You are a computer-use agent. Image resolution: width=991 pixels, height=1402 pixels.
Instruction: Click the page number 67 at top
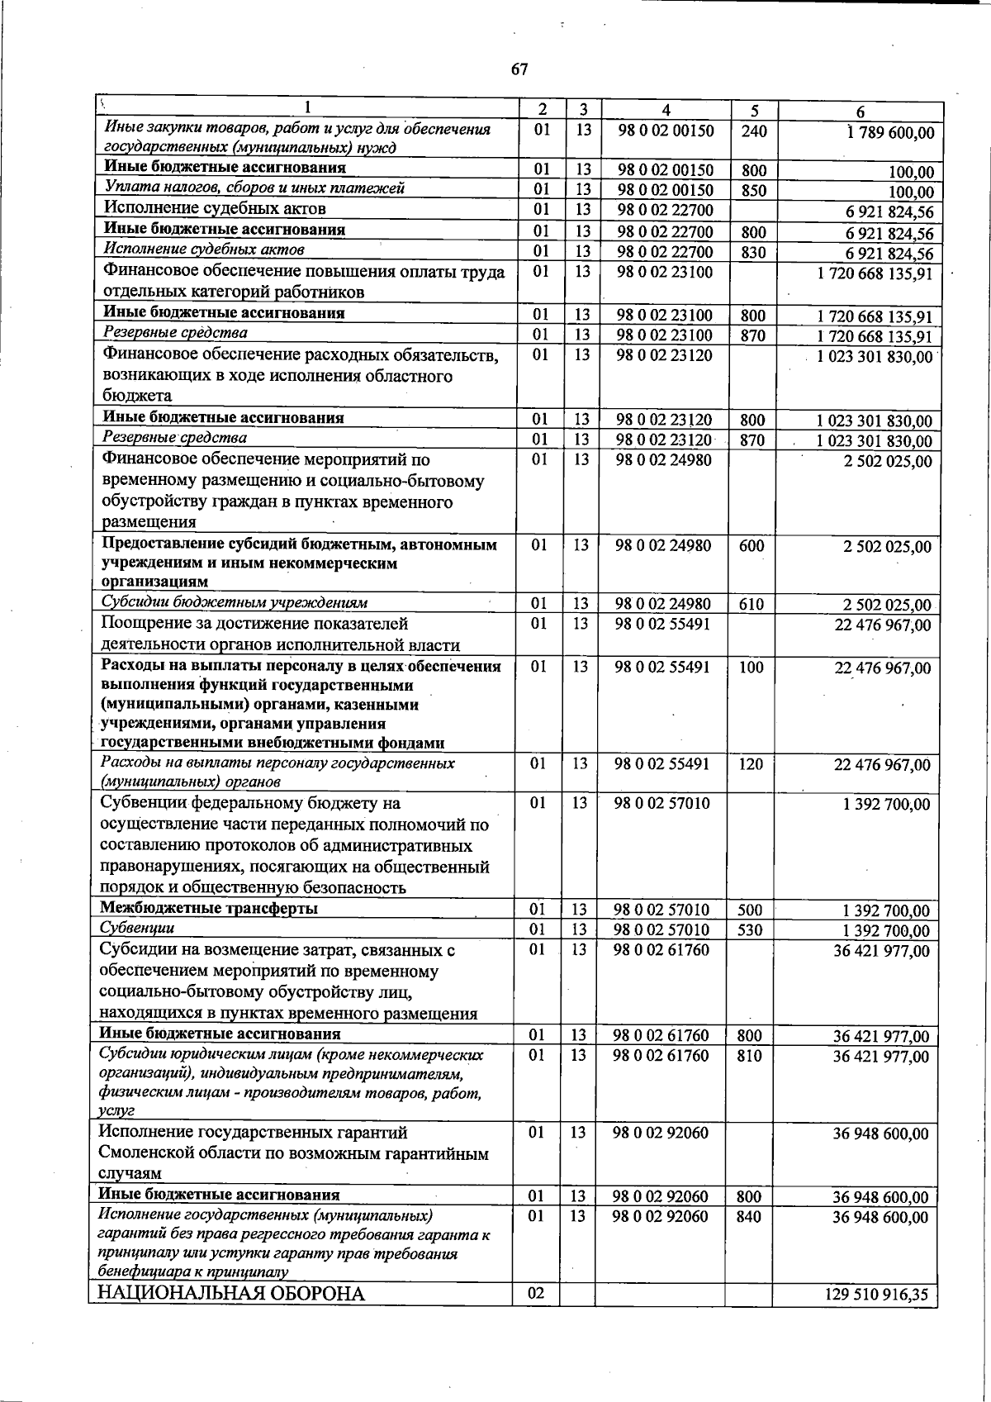point(519,69)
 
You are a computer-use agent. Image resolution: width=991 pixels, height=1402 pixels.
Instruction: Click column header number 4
point(666,111)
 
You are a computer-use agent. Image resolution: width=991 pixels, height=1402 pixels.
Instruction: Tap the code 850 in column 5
point(753,191)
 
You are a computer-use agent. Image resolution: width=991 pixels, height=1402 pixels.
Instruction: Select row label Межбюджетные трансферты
point(209,909)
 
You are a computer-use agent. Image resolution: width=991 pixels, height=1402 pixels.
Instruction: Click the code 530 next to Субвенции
point(751,930)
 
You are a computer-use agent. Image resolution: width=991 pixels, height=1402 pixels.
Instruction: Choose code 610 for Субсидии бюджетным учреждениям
point(752,605)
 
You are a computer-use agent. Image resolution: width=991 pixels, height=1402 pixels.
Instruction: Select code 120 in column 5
point(751,764)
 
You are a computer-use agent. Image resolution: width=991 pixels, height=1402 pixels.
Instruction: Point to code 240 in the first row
point(754,131)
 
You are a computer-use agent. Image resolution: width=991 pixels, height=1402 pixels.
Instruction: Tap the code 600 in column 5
point(752,545)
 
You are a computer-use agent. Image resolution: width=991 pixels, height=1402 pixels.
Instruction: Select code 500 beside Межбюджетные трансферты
point(751,910)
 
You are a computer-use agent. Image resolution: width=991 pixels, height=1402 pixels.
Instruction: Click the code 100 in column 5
point(751,668)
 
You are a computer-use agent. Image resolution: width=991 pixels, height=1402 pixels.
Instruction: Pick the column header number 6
point(860,112)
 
